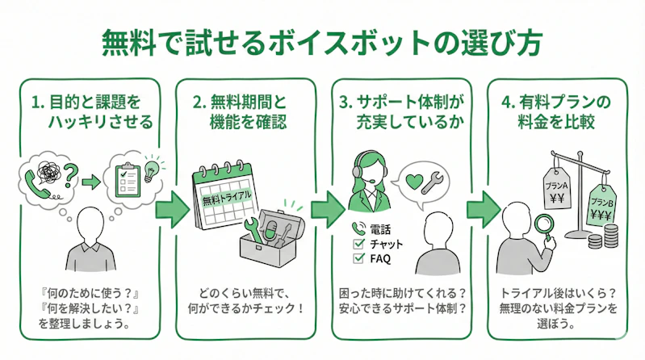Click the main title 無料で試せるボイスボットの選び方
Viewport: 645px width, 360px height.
coord(321,41)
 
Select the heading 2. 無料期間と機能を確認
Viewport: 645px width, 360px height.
coord(244,113)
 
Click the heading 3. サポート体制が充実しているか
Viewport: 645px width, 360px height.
coord(400,113)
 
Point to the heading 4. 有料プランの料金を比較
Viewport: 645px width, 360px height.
coord(556,113)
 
